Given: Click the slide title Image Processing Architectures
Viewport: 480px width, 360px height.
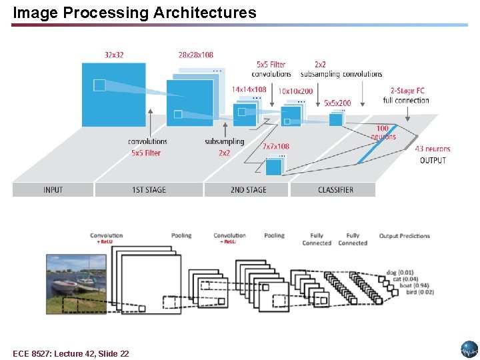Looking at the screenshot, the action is pyautogui.click(x=134, y=12).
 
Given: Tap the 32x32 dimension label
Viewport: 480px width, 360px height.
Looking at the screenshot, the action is pyautogui.click(x=114, y=55).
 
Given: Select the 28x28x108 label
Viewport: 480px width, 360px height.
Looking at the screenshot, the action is pyautogui.click(x=196, y=55).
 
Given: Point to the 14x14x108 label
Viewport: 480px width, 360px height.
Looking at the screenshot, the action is pyautogui.click(x=249, y=89).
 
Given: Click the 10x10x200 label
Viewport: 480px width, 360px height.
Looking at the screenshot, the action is pyautogui.click(x=295, y=91).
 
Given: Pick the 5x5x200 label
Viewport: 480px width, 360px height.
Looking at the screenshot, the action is pyautogui.click(x=337, y=103).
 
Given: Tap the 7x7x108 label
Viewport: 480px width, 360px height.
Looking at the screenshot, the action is pyautogui.click(x=275, y=146).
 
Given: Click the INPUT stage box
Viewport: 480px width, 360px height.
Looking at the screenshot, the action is pyautogui.click(x=53, y=189).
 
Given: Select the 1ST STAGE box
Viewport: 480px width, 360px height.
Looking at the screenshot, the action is pyautogui.click(x=149, y=189).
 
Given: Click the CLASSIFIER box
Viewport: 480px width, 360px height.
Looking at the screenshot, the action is pyautogui.click(x=335, y=189).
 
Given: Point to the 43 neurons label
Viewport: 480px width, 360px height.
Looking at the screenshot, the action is pyautogui.click(x=433, y=149).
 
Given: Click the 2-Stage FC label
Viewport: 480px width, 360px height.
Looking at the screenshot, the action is pyautogui.click(x=407, y=91).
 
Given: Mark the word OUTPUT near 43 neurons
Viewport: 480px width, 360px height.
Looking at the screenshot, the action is pyautogui.click(x=433, y=160).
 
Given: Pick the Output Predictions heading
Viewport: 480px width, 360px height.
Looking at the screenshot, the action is pyautogui.click(x=405, y=236).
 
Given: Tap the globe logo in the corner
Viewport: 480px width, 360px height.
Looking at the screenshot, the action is pyautogui.click(x=469, y=349).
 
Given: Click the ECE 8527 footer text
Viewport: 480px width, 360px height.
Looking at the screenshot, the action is pyautogui.click(x=71, y=353).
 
